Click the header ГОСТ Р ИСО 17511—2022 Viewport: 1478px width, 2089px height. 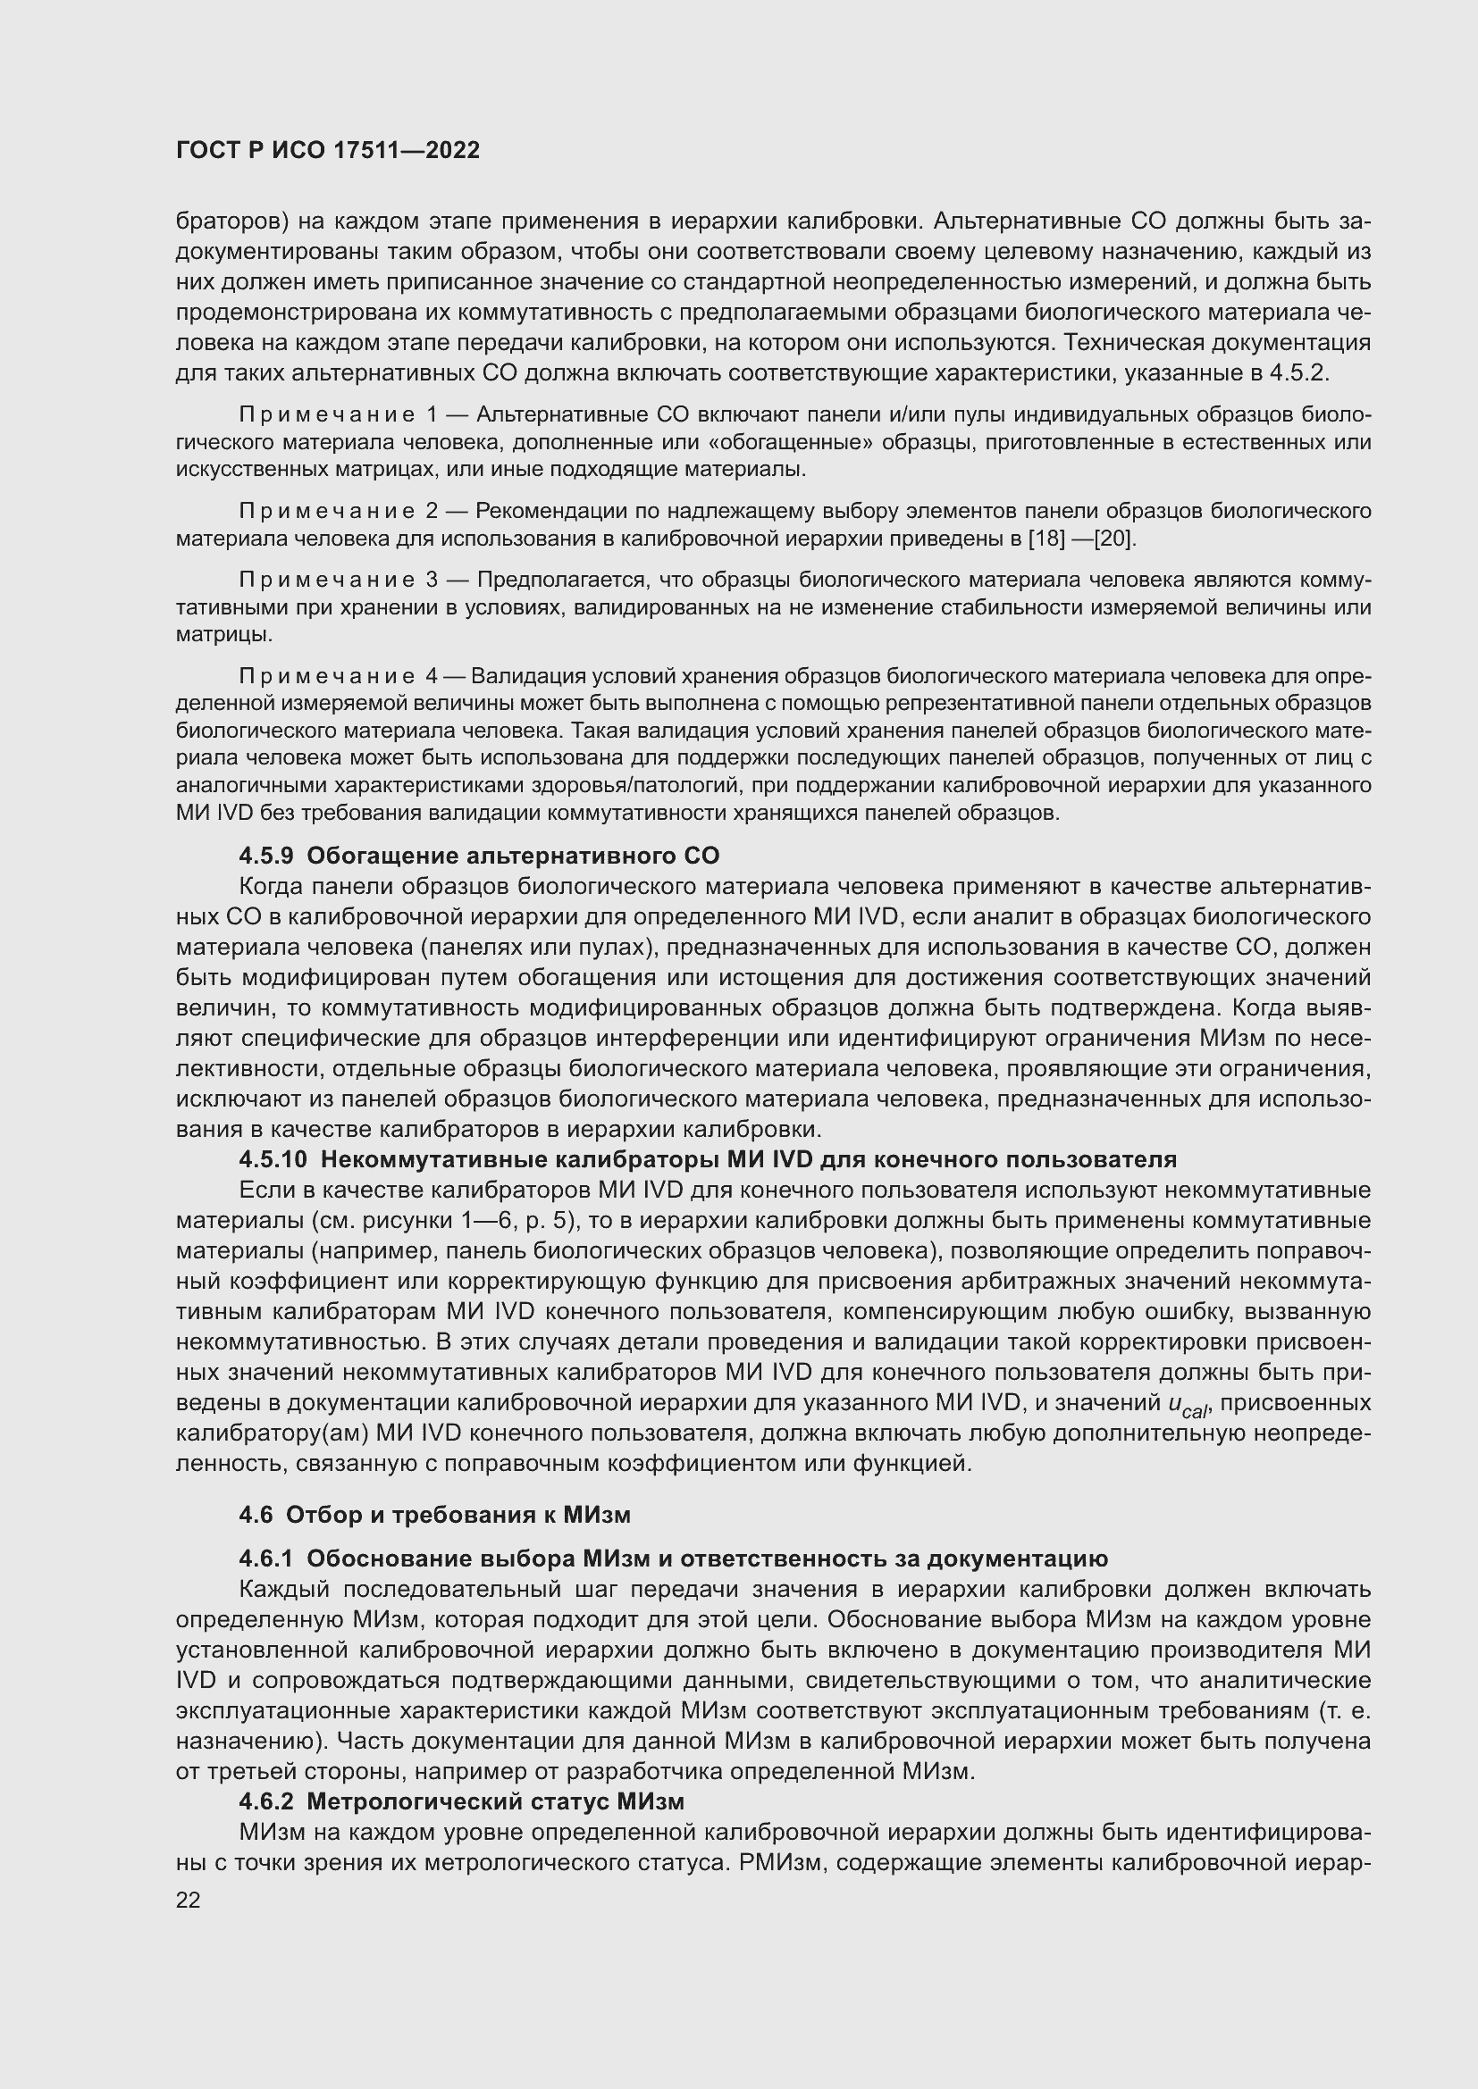coord(328,150)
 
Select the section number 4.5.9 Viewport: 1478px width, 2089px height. coord(265,856)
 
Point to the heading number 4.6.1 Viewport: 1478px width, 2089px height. coord(265,1558)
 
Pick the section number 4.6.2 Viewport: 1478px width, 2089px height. coord(265,1801)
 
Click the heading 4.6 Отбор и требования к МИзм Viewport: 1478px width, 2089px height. coord(434,1514)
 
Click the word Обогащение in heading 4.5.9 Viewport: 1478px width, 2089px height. coord(385,856)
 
